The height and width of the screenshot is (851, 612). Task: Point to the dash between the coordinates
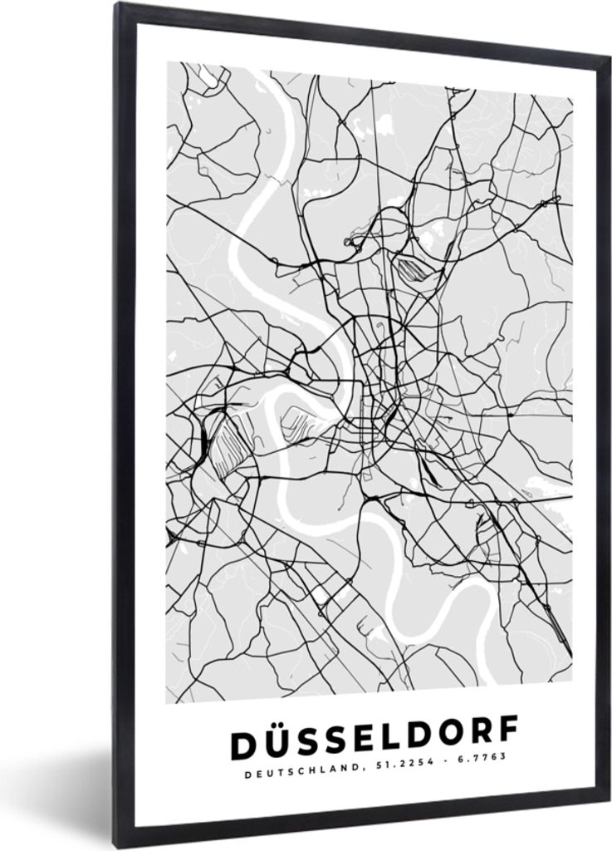click(x=441, y=765)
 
